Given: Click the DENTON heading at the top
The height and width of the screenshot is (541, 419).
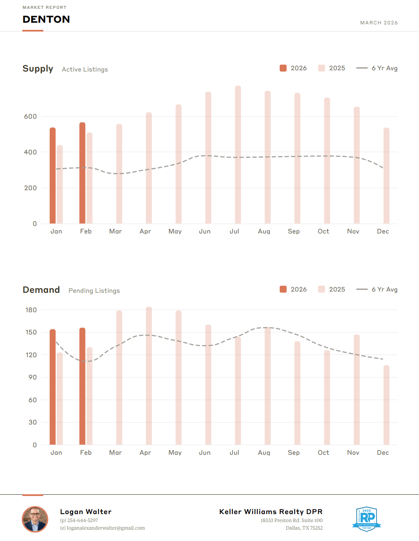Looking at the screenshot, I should click(46, 19).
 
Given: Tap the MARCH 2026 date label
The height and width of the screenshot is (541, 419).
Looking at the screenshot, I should click(379, 23).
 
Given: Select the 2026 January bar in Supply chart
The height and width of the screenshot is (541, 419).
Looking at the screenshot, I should click(53, 175).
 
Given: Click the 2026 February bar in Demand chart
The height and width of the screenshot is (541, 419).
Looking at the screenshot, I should click(82, 386).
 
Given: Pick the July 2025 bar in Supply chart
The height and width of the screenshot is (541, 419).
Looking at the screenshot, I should click(238, 154).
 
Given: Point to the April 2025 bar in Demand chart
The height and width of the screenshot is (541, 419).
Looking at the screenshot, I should click(149, 376).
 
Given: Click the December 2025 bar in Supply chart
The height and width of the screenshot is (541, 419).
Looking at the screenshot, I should click(386, 175).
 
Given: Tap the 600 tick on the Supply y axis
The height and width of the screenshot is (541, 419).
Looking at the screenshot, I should click(30, 117).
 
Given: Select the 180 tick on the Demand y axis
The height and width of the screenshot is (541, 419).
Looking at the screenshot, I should click(31, 310).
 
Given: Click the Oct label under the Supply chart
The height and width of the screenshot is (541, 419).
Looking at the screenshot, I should click(324, 231).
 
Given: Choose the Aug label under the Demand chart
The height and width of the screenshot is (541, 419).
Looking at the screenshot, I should click(264, 453).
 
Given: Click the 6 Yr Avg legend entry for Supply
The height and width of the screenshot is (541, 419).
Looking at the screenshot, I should click(377, 68).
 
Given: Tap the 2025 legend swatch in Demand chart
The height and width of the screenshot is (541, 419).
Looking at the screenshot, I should click(322, 289).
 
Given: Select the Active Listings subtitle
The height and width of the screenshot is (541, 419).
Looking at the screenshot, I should click(85, 69).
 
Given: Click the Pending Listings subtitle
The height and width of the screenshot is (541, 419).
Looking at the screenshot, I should click(94, 291).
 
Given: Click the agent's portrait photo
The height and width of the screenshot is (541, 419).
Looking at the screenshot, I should click(35, 519).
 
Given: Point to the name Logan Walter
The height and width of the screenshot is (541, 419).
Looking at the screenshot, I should click(86, 512).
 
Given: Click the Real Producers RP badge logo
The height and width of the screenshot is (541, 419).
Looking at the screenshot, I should click(367, 519).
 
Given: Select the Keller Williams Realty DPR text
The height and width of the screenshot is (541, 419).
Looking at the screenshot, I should click(271, 512).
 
